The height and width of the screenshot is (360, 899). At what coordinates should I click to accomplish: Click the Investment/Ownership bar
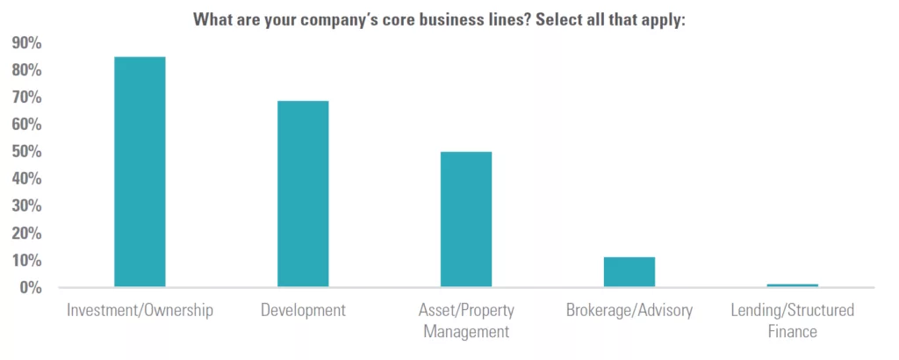[x=140, y=172]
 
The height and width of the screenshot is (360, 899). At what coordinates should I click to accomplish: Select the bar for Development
[x=303, y=194]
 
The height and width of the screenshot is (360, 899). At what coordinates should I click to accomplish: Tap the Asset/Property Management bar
[x=466, y=220]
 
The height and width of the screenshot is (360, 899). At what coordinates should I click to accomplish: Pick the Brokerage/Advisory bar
[x=629, y=272]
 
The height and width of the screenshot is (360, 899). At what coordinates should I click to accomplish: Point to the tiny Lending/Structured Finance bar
[x=792, y=285]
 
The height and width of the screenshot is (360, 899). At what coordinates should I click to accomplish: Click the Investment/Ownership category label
[x=140, y=310]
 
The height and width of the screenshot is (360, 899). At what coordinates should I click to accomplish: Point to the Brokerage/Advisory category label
[x=629, y=310]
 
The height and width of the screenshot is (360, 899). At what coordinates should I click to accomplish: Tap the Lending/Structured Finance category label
[x=792, y=320]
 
